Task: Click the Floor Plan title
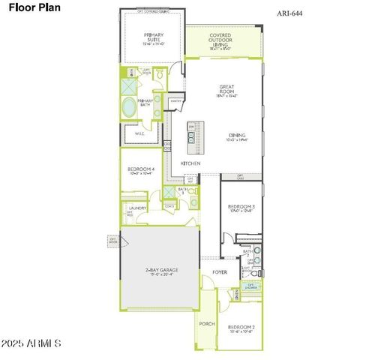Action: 34,11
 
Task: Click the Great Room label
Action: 227,91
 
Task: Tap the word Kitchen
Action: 190,163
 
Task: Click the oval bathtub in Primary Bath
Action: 129,106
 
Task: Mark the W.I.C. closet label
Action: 140,133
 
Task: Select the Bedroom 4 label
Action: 141,171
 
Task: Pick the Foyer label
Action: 219,271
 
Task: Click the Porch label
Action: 207,323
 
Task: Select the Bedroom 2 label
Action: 241,328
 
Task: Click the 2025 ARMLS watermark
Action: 31,343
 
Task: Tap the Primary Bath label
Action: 145,103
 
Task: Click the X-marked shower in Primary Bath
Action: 127,83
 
